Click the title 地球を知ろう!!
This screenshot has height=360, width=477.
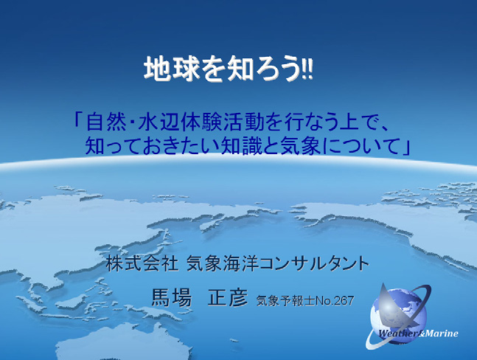(x=229, y=69)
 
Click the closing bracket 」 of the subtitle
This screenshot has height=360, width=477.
(x=405, y=147)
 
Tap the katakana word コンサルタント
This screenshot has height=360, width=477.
(x=314, y=263)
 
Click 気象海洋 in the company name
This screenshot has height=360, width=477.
(x=223, y=263)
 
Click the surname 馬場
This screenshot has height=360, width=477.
(x=171, y=297)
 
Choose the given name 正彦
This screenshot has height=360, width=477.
(x=228, y=297)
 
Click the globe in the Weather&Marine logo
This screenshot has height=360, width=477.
(x=399, y=316)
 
